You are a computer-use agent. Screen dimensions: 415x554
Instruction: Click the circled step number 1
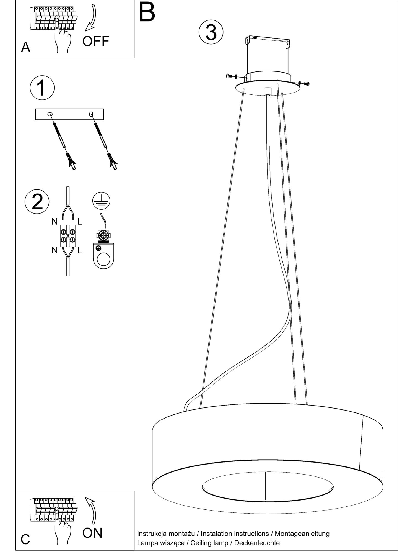(x=42, y=88)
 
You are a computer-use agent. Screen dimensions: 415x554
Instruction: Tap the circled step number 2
(x=37, y=202)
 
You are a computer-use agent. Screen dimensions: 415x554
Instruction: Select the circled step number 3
(x=211, y=32)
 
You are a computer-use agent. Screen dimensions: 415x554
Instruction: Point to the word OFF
(x=96, y=41)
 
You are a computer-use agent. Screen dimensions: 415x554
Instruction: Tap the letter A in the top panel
(x=25, y=47)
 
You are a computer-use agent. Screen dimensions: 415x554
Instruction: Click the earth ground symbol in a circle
(x=101, y=201)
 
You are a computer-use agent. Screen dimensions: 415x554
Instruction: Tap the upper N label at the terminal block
(x=55, y=222)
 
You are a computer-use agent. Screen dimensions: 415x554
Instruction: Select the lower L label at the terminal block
(x=80, y=250)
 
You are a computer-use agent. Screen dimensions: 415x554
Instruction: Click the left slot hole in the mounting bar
(x=50, y=114)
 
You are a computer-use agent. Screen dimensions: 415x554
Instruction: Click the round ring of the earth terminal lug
(x=103, y=259)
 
